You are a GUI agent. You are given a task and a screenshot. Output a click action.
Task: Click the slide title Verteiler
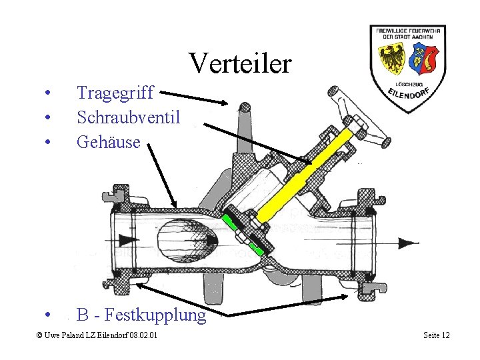pyautogui.click(x=240, y=63)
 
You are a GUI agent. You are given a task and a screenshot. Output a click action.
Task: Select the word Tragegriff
pyautogui.click(x=115, y=93)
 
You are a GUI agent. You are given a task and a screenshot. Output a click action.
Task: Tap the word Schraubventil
pyautogui.click(x=128, y=117)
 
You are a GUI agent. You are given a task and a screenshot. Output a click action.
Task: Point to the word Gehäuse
pyautogui.click(x=109, y=141)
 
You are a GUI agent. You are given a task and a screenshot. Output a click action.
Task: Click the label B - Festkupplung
pyautogui.click(x=141, y=314)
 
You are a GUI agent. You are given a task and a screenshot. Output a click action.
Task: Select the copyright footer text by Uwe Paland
pyautogui.click(x=97, y=335)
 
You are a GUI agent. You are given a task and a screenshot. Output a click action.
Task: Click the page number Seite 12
pyautogui.click(x=437, y=335)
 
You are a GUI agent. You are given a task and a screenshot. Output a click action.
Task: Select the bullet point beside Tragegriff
pyautogui.click(x=48, y=93)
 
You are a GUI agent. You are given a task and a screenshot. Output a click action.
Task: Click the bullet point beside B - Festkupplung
pyautogui.click(x=48, y=315)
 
